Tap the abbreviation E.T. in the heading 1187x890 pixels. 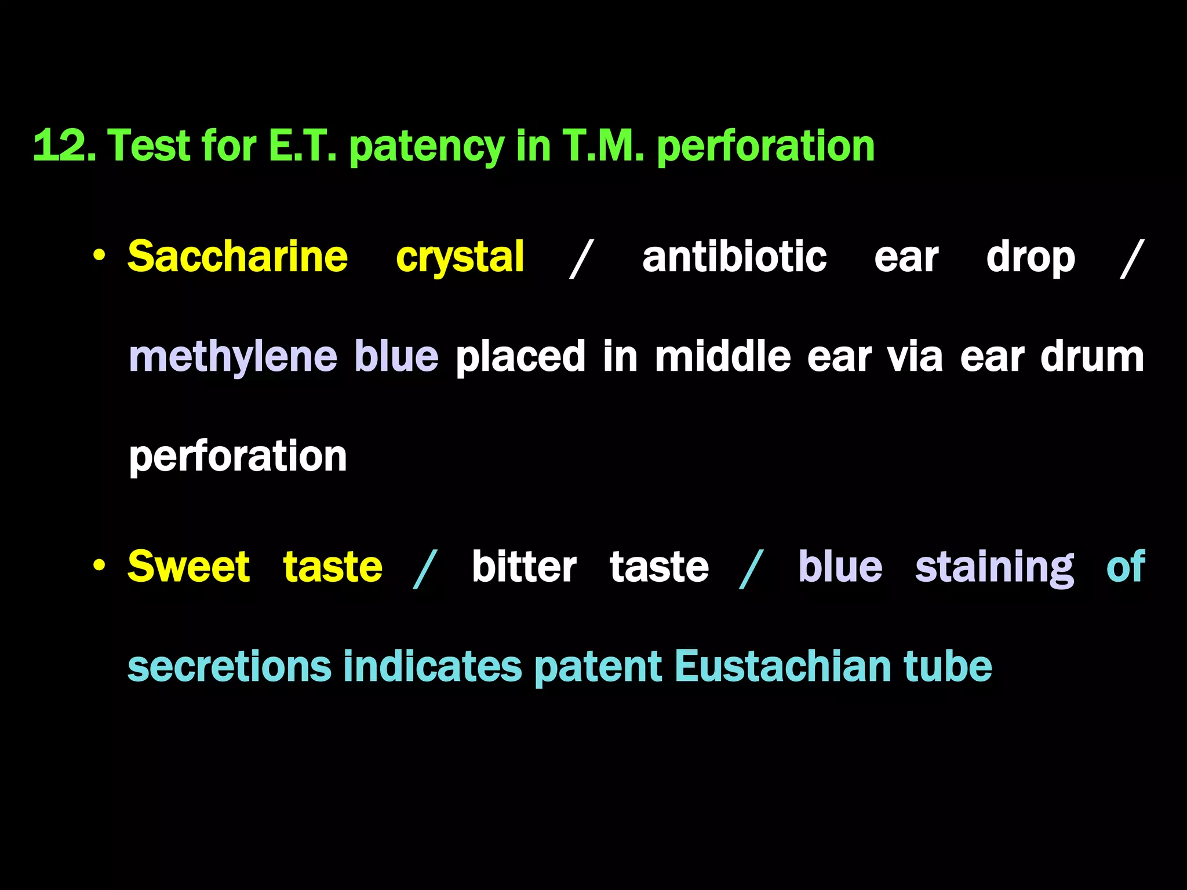coord(302,145)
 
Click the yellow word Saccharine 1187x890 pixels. coord(238,256)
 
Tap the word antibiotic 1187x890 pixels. coord(734,256)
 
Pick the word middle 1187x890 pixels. coord(723,356)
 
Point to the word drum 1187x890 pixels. coord(1092,356)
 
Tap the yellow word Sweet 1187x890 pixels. coord(189,566)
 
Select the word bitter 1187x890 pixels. coord(524,566)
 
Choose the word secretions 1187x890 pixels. coord(230,666)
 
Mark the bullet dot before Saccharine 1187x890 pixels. coord(99,256)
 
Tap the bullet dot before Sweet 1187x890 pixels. coord(99,565)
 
